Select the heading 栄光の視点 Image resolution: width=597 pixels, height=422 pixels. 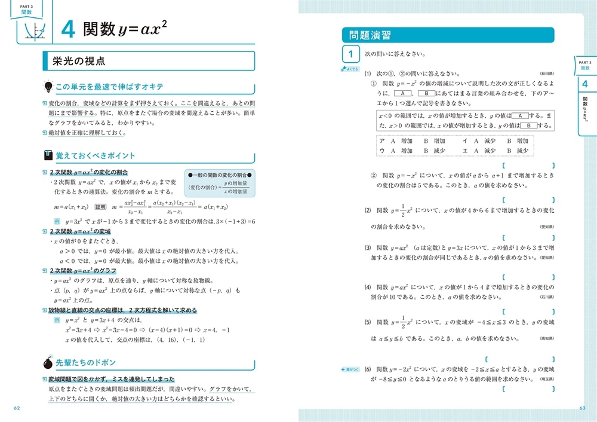79,60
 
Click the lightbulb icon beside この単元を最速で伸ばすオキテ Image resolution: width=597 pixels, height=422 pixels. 49,87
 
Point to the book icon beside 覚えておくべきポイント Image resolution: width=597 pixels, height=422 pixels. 48,155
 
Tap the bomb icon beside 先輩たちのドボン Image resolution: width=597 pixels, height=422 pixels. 48,362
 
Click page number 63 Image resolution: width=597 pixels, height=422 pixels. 583,408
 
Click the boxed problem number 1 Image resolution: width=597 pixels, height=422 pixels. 351,55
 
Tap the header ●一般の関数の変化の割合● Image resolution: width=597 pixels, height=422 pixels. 220,174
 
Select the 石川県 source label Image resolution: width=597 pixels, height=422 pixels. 547,296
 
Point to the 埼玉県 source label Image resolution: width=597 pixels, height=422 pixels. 547,380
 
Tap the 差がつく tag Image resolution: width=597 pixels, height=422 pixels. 349,369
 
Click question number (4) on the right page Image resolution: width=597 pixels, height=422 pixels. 368,287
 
